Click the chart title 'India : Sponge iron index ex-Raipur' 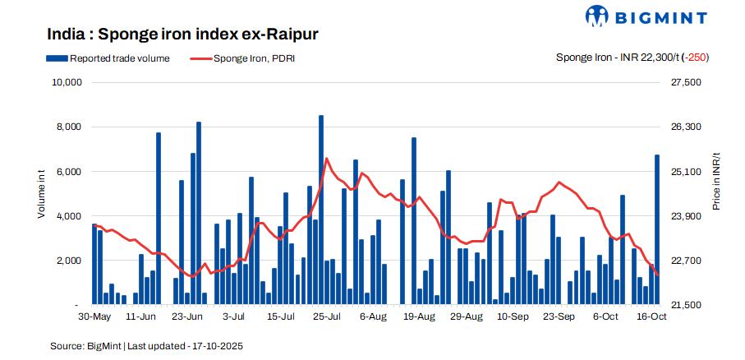click(x=182, y=35)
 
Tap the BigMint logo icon click(x=597, y=16)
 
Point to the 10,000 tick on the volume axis click(x=65, y=83)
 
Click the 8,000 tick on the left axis click(x=68, y=127)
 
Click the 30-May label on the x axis click(x=94, y=316)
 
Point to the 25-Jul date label click(x=328, y=316)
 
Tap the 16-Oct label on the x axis click(x=651, y=316)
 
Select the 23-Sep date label click(x=562, y=316)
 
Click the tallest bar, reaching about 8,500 click(x=321, y=210)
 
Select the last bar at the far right click(x=657, y=229)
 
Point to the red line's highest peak click(x=327, y=159)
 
